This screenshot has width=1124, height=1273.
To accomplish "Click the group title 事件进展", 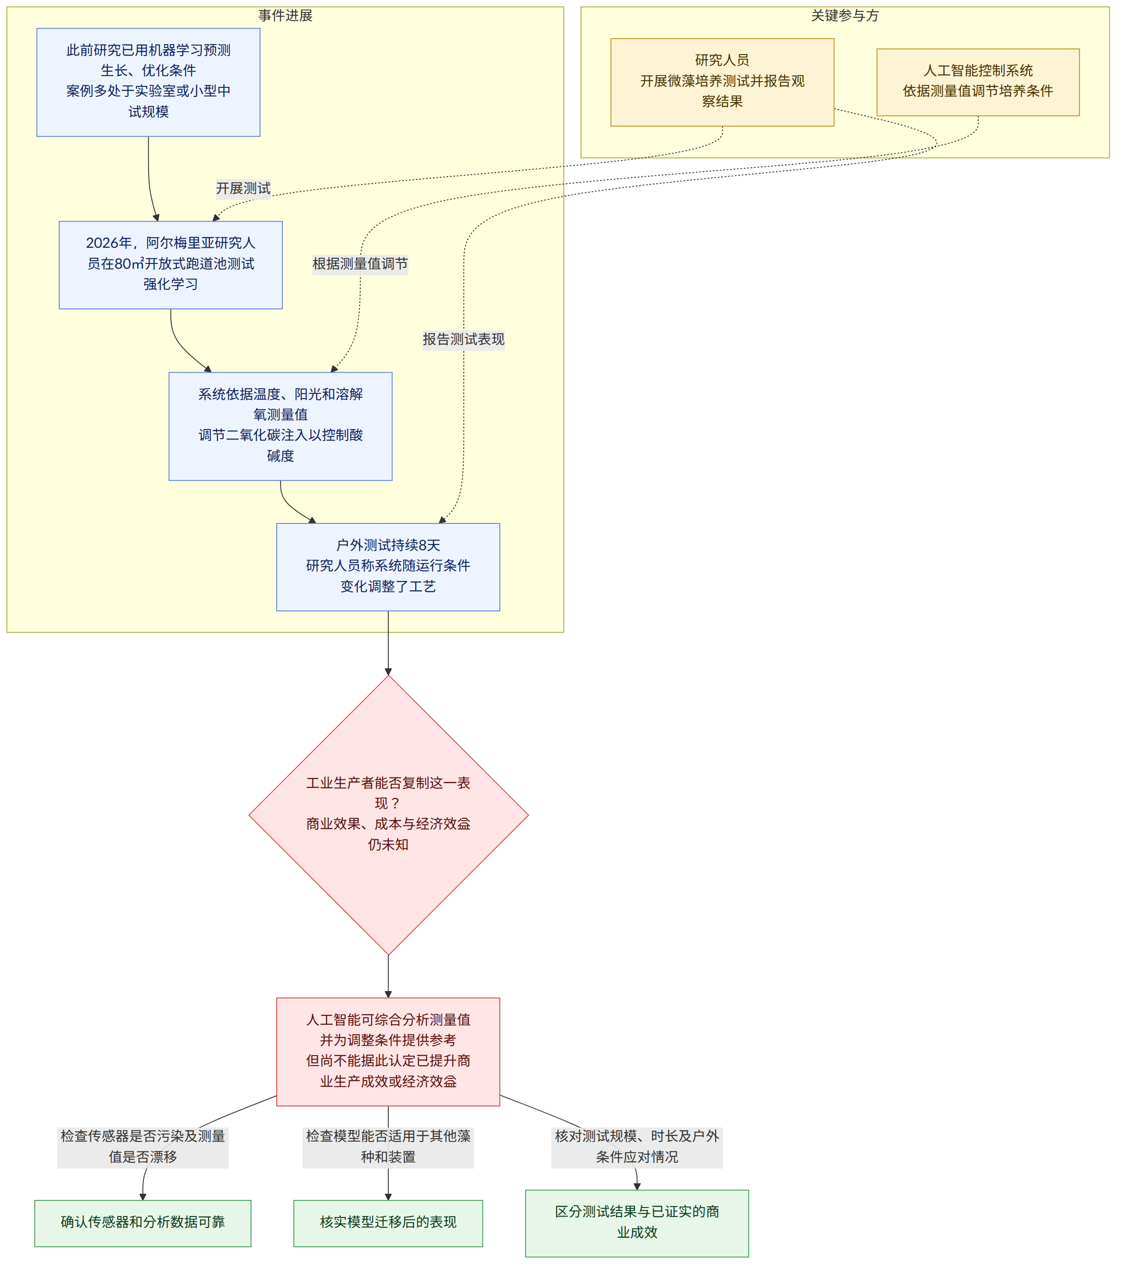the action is (285, 16).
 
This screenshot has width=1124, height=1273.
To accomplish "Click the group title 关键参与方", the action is (844, 16).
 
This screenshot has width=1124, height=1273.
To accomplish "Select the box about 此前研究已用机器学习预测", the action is (148, 82).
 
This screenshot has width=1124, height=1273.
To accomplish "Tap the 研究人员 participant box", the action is (722, 82).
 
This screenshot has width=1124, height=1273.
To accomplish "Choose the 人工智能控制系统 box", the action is (978, 82).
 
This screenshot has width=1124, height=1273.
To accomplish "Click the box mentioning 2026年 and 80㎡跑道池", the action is (170, 265).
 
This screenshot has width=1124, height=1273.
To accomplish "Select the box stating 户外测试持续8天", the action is (388, 567).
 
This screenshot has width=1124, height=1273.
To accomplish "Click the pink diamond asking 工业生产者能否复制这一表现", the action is (388, 815).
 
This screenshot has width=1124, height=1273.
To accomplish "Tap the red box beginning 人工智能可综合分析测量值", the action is (388, 1052).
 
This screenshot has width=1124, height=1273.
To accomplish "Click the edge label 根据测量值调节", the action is (360, 264).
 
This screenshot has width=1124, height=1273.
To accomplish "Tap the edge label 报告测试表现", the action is (463, 339).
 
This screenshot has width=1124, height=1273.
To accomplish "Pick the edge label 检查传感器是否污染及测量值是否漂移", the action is (142, 1147).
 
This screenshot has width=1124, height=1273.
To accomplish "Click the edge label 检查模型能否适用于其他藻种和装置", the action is (388, 1147).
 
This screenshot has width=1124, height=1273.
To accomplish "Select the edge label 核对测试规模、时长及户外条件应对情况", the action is (637, 1147).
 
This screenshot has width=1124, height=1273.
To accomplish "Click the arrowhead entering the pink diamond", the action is (388, 672).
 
